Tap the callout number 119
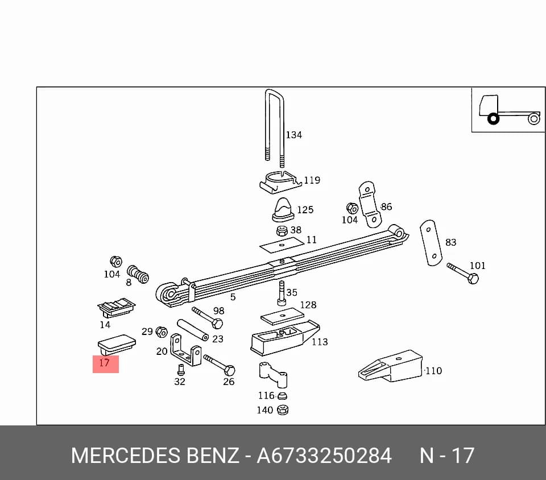pyautogui.click(x=312, y=180)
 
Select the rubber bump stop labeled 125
pyautogui.click(x=283, y=210)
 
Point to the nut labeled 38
pyautogui.click(x=282, y=231)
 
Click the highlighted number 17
pyautogui.click(x=105, y=363)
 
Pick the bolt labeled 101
pyautogui.click(x=463, y=274)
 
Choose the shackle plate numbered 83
pyautogui.click(x=431, y=242)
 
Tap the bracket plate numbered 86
pyautogui.click(x=370, y=204)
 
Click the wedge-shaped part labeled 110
pyautogui.click(x=390, y=366)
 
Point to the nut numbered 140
pyautogui.click(x=283, y=409)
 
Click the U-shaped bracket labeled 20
pyautogui.click(x=185, y=350)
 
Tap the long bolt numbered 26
pyautogui.click(x=220, y=365)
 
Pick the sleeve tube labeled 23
pyautogui.click(x=193, y=330)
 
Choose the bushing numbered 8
pyautogui.click(x=138, y=274)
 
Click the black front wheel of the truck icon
pyautogui.click(x=493, y=119)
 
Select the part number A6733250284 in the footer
pyautogui.click(x=324, y=456)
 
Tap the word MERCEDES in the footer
pyautogui.click(x=126, y=456)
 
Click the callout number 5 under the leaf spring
pyautogui.click(x=233, y=297)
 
